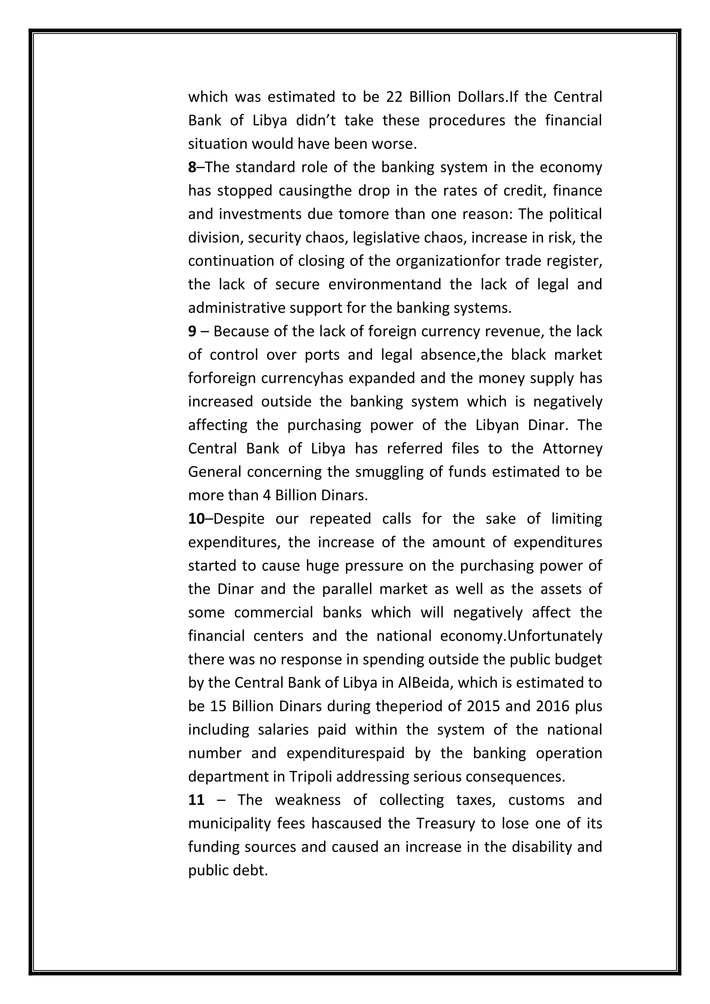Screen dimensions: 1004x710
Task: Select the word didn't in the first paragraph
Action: (316, 120)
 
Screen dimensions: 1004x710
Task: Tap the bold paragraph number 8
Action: (192, 167)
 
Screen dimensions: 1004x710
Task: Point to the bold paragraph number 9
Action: (192, 331)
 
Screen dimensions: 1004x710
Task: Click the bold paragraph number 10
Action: (196, 519)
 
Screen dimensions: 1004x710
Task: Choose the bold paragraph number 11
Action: (196, 800)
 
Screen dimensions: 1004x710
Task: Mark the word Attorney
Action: (572, 448)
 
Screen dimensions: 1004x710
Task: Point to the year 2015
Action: (483, 706)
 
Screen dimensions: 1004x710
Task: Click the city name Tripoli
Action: (310, 777)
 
